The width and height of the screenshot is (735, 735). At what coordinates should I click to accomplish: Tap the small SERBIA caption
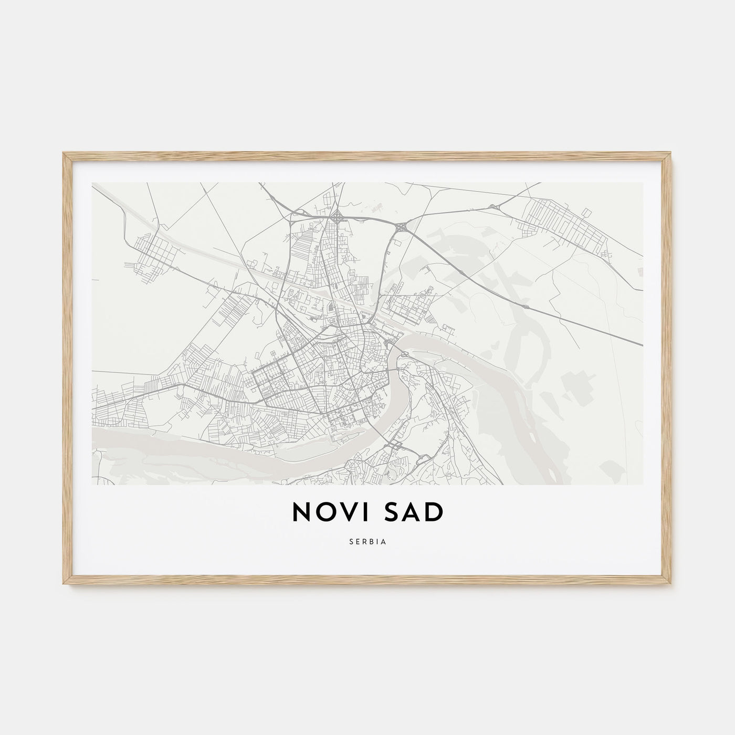pos(367,542)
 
